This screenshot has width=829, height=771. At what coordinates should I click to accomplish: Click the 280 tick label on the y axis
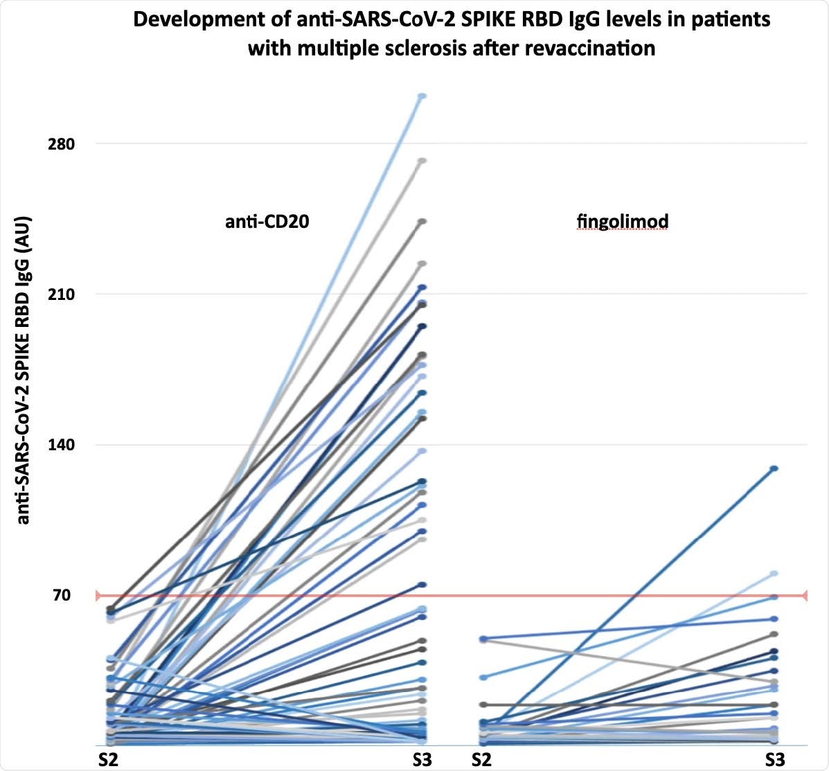click(60, 144)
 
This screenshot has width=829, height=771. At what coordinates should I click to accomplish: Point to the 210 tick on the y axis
click(60, 294)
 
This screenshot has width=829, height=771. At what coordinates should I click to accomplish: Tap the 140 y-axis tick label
click(60, 445)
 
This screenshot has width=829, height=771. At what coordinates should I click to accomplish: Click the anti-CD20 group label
click(267, 222)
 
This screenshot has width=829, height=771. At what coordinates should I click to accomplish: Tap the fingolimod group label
click(622, 222)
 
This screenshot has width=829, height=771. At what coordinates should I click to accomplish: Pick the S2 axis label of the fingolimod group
click(482, 759)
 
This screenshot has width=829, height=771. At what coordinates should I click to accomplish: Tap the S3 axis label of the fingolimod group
click(775, 759)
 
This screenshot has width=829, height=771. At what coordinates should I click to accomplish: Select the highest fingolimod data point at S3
click(774, 469)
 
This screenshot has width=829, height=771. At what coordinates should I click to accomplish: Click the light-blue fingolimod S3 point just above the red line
click(774, 574)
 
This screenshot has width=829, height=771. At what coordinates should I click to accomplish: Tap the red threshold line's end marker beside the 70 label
click(98, 595)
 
